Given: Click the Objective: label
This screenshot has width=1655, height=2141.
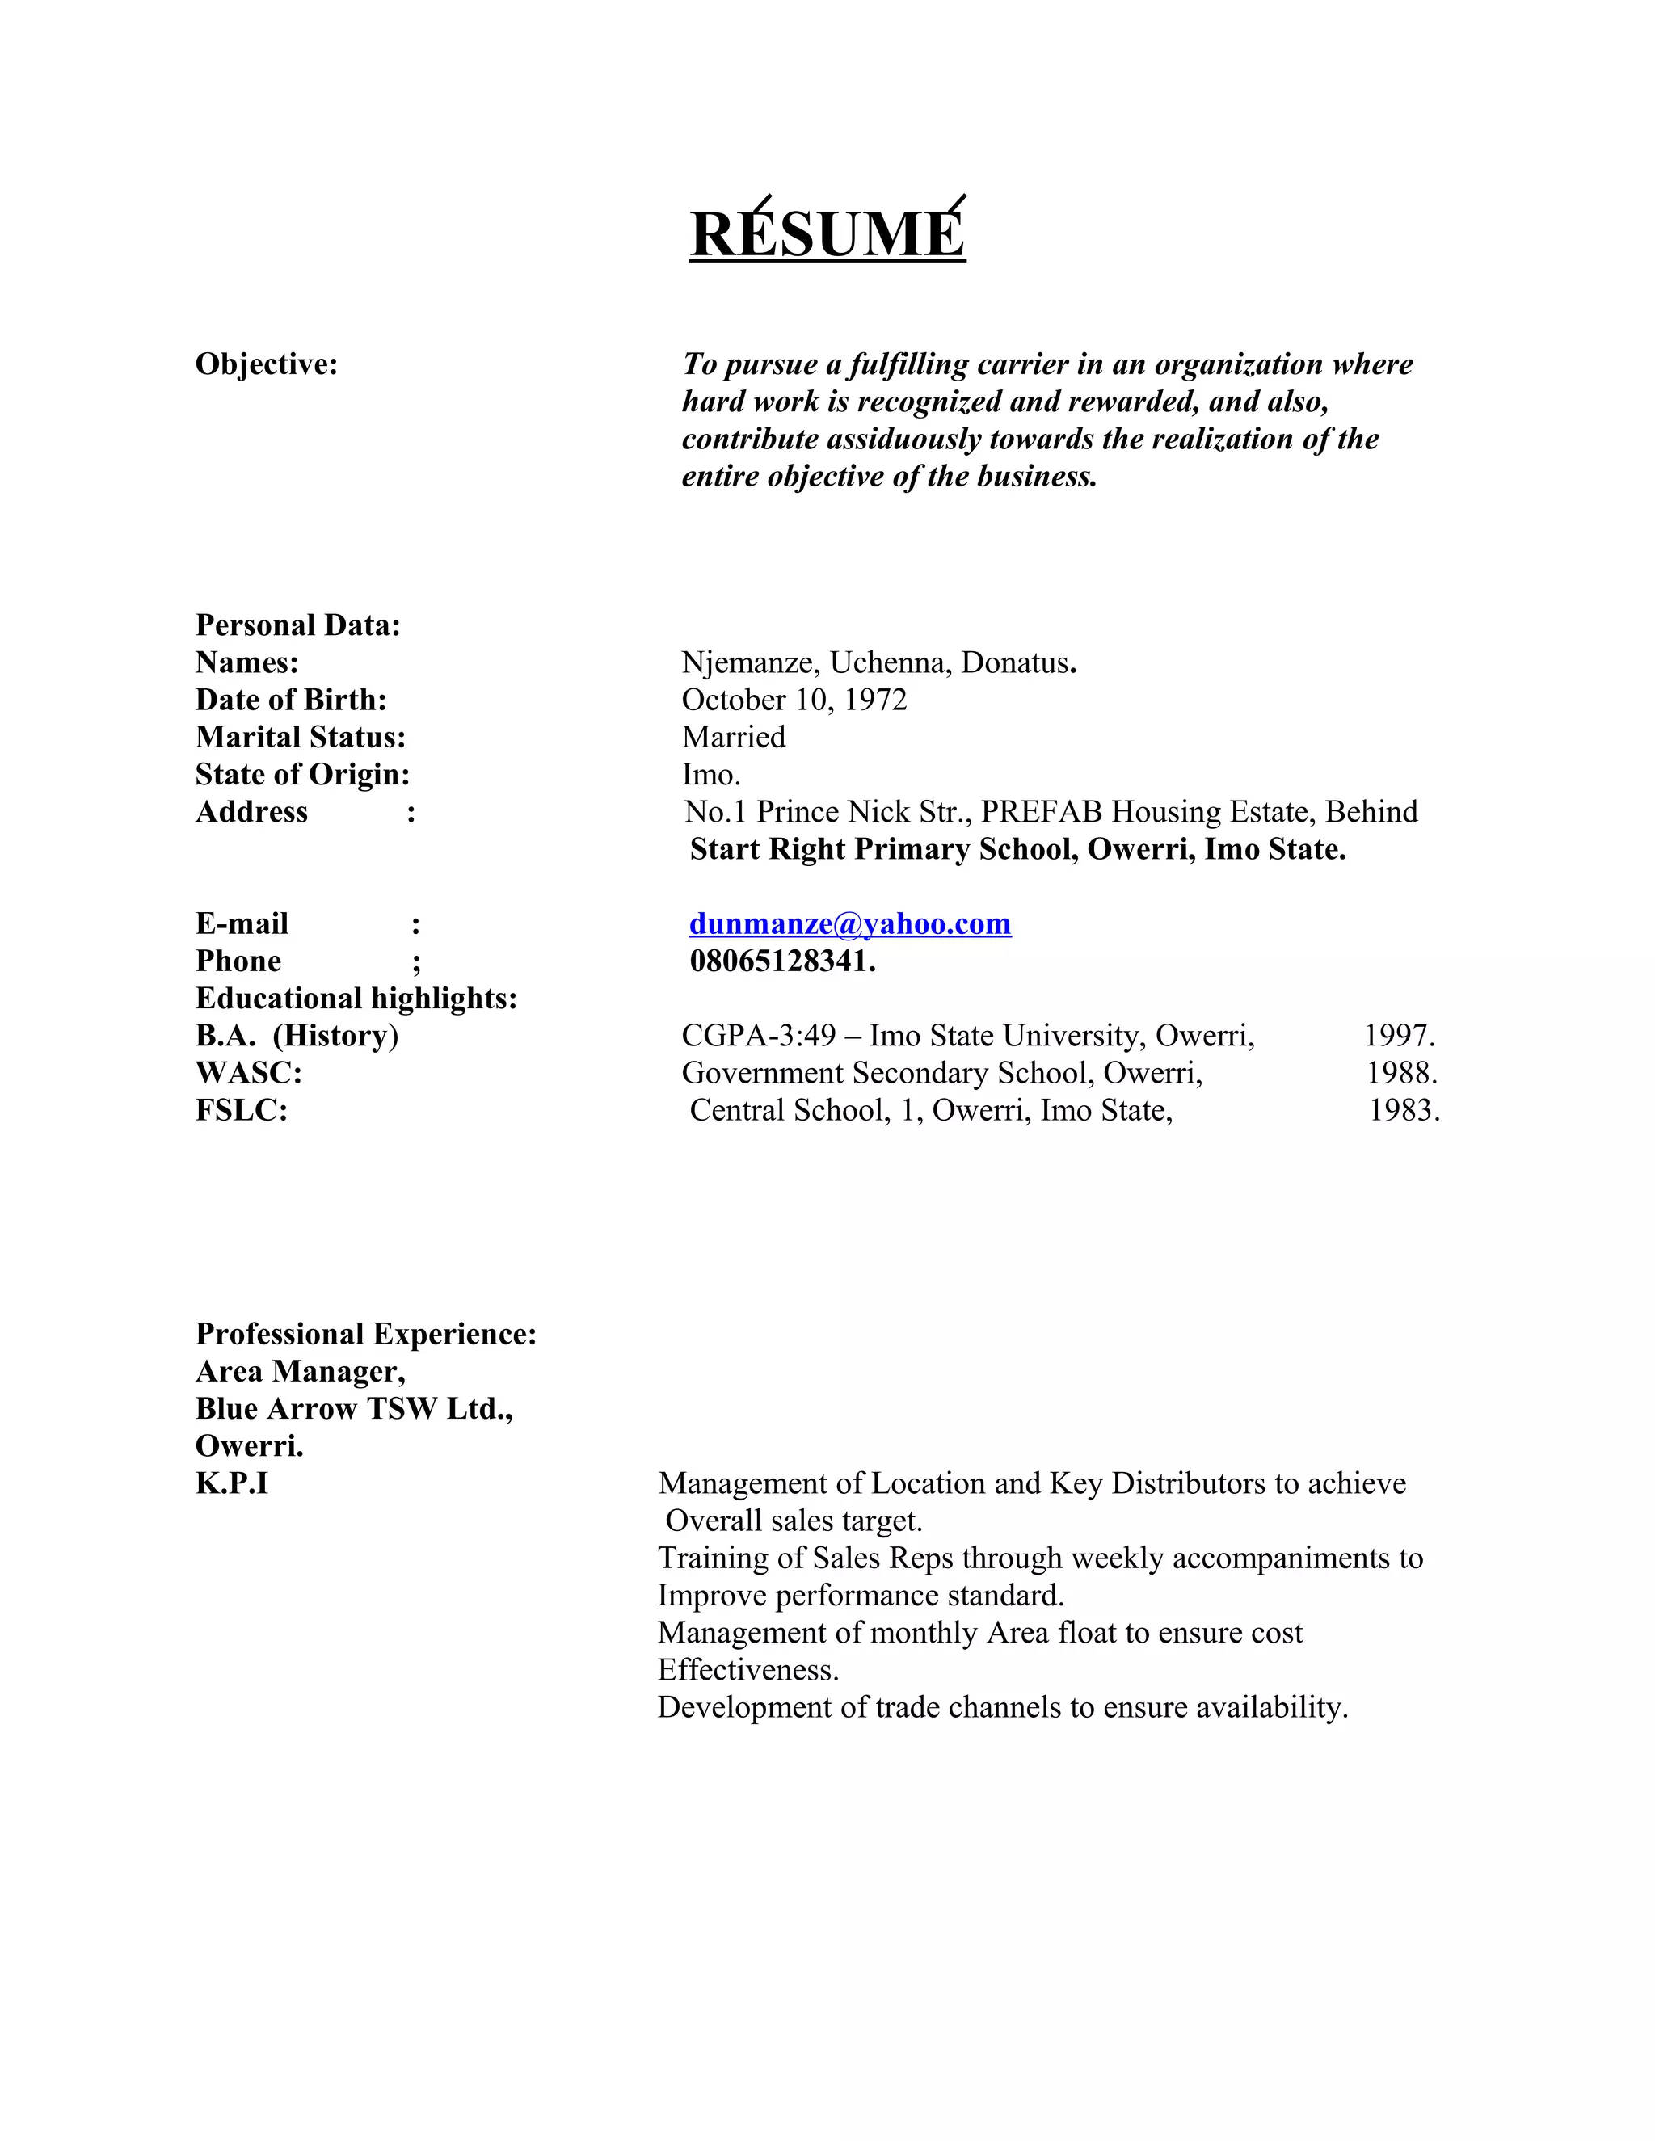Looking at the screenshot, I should [x=267, y=364].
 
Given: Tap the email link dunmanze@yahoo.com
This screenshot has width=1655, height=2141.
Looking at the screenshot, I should [x=850, y=923].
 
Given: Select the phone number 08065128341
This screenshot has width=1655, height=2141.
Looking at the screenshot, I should [x=781, y=961].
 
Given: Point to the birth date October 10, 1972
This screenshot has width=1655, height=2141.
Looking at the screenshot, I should [x=794, y=700].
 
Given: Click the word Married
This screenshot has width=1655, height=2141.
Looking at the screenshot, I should [x=734, y=737].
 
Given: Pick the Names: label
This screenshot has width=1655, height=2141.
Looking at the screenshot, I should [x=247, y=662].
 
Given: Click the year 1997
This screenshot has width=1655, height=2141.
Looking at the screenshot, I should [x=1399, y=1037].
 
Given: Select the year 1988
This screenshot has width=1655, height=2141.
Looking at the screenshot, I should [x=1401, y=1074].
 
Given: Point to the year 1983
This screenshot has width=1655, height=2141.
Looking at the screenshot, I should [x=1404, y=1111].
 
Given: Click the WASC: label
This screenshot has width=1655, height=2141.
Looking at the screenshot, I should [x=249, y=1074].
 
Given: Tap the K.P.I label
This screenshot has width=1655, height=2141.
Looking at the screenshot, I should [x=231, y=1483].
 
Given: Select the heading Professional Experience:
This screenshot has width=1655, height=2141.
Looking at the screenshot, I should [x=366, y=1334].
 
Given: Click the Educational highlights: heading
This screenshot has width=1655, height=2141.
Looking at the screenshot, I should [x=356, y=999].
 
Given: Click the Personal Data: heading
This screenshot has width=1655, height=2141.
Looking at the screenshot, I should [x=298, y=625].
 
